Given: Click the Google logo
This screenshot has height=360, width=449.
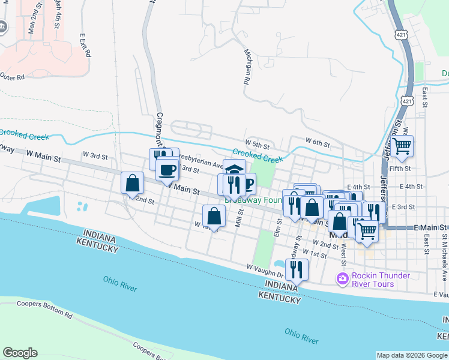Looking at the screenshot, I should pyautogui.click(x=20, y=353).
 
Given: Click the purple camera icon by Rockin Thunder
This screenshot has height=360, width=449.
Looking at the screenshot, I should pyautogui.click(x=342, y=278).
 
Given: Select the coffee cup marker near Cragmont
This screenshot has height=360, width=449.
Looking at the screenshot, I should pyautogui.click(x=167, y=169).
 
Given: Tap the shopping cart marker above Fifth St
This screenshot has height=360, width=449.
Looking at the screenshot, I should pyautogui.click(x=402, y=145).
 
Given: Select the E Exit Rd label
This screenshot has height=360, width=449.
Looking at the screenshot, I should pyautogui.click(x=84, y=45).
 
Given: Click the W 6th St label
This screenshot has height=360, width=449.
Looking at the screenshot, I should pyautogui.click(x=318, y=142).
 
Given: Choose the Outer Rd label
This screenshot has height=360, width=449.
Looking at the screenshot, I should pyautogui.click(x=12, y=77).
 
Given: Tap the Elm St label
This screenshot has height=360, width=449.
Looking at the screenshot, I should pyautogui.click(x=279, y=226).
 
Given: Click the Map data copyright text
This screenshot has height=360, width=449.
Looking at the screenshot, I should pyautogui.click(x=412, y=355).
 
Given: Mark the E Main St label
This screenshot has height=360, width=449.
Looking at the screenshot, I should pyautogui.click(x=431, y=228).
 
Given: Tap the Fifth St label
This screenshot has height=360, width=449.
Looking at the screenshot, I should pyautogui.click(x=399, y=169).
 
